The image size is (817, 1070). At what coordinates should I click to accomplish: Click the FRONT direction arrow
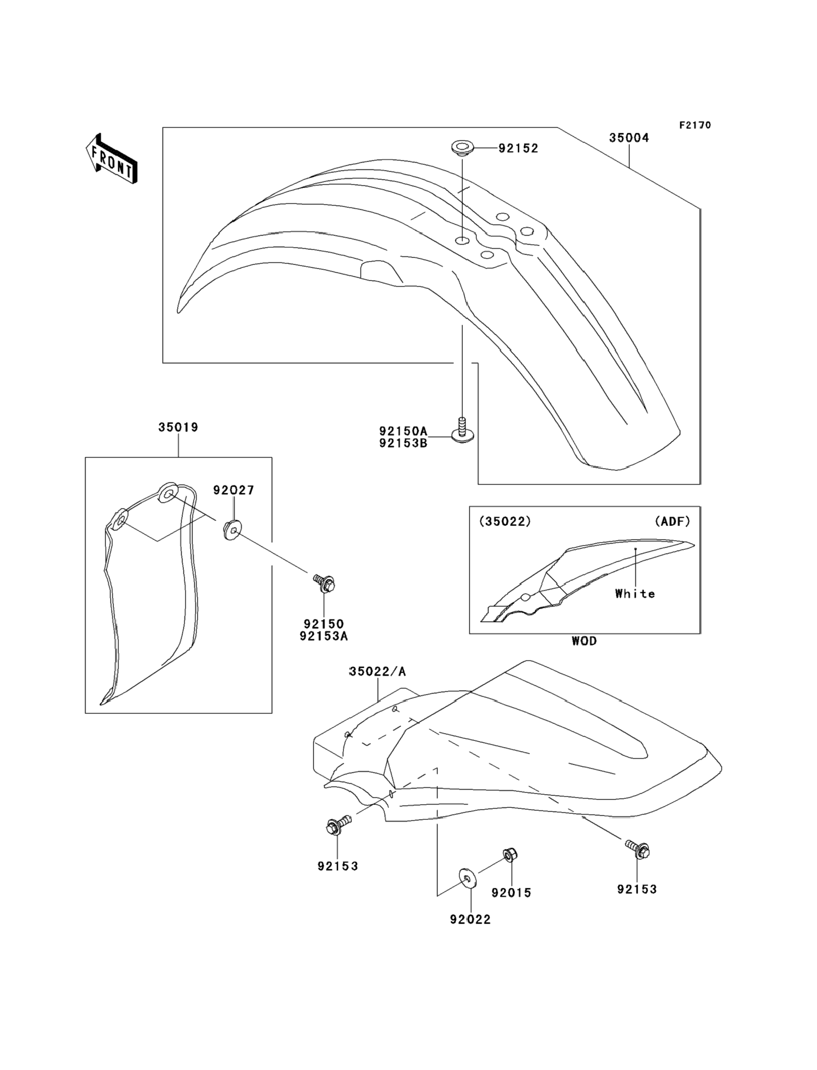coord(111,159)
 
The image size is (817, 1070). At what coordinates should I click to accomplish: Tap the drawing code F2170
coord(695,125)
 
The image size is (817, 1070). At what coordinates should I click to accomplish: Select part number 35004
coord(629,138)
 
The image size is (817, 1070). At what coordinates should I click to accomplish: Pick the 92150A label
coord(403,431)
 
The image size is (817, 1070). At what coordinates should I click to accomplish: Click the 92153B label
coord(403,443)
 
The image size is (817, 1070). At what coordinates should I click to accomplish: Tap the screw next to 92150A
coord(462,431)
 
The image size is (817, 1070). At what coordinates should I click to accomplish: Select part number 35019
coord(178,428)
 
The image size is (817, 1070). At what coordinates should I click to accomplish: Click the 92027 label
coord(233,490)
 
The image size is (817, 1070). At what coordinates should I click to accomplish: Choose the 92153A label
coord(323,636)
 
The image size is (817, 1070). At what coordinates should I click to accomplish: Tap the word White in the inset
coord(634,594)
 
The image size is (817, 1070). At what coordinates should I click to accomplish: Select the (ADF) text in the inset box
coord(672,522)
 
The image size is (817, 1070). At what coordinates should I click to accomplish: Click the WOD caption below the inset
coord(584,641)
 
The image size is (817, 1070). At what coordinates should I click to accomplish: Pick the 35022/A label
coord(377,672)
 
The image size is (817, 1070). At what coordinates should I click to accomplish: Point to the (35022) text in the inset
coord(505,522)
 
